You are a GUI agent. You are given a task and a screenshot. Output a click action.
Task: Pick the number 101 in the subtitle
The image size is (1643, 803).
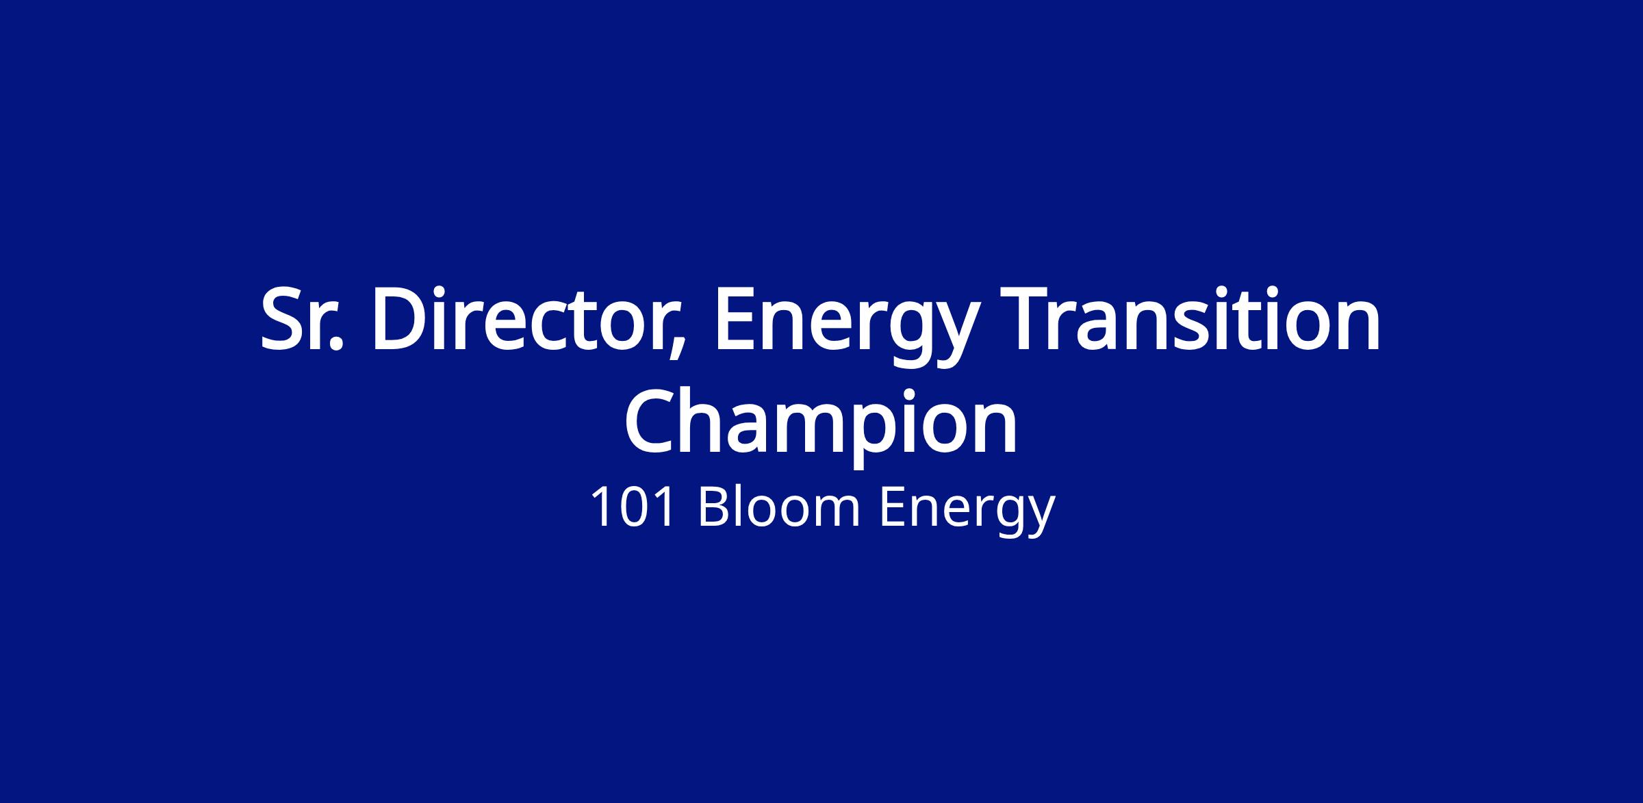point(632,508)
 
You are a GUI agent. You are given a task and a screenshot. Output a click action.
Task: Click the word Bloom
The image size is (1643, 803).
point(778,507)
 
